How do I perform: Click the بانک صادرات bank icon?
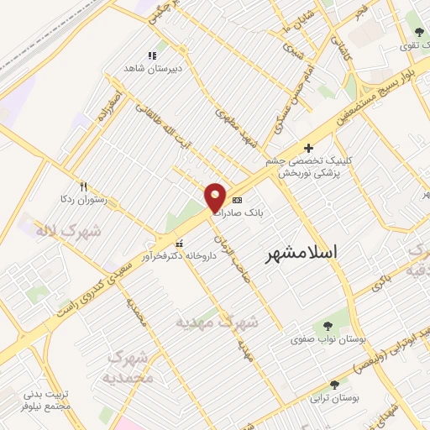click(x=237, y=201)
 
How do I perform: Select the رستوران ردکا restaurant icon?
click(x=83, y=186)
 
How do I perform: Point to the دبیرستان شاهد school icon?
click(x=152, y=55)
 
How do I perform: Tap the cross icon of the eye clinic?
click(x=308, y=148)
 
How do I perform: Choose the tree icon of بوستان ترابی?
click(x=334, y=385)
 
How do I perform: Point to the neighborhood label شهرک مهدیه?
click(x=218, y=322)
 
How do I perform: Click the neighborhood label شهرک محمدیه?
click(x=130, y=367)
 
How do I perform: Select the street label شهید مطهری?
click(x=240, y=126)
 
